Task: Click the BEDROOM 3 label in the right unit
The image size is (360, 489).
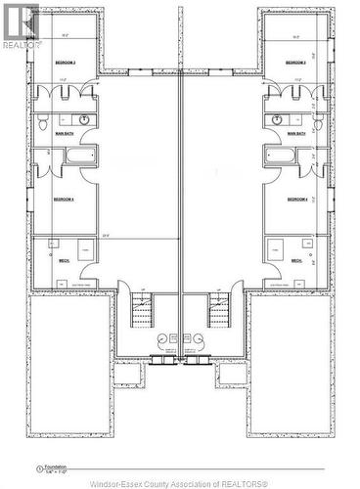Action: click(296, 62)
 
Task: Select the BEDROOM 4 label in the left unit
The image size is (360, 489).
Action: click(65, 199)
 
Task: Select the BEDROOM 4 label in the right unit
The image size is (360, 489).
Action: click(297, 199)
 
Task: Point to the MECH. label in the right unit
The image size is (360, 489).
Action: click(298, 261)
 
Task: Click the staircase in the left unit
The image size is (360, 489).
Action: click(144, 313)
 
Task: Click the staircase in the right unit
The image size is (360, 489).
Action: click(217, 313)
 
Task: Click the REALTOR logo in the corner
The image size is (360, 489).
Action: click(22, 26)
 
